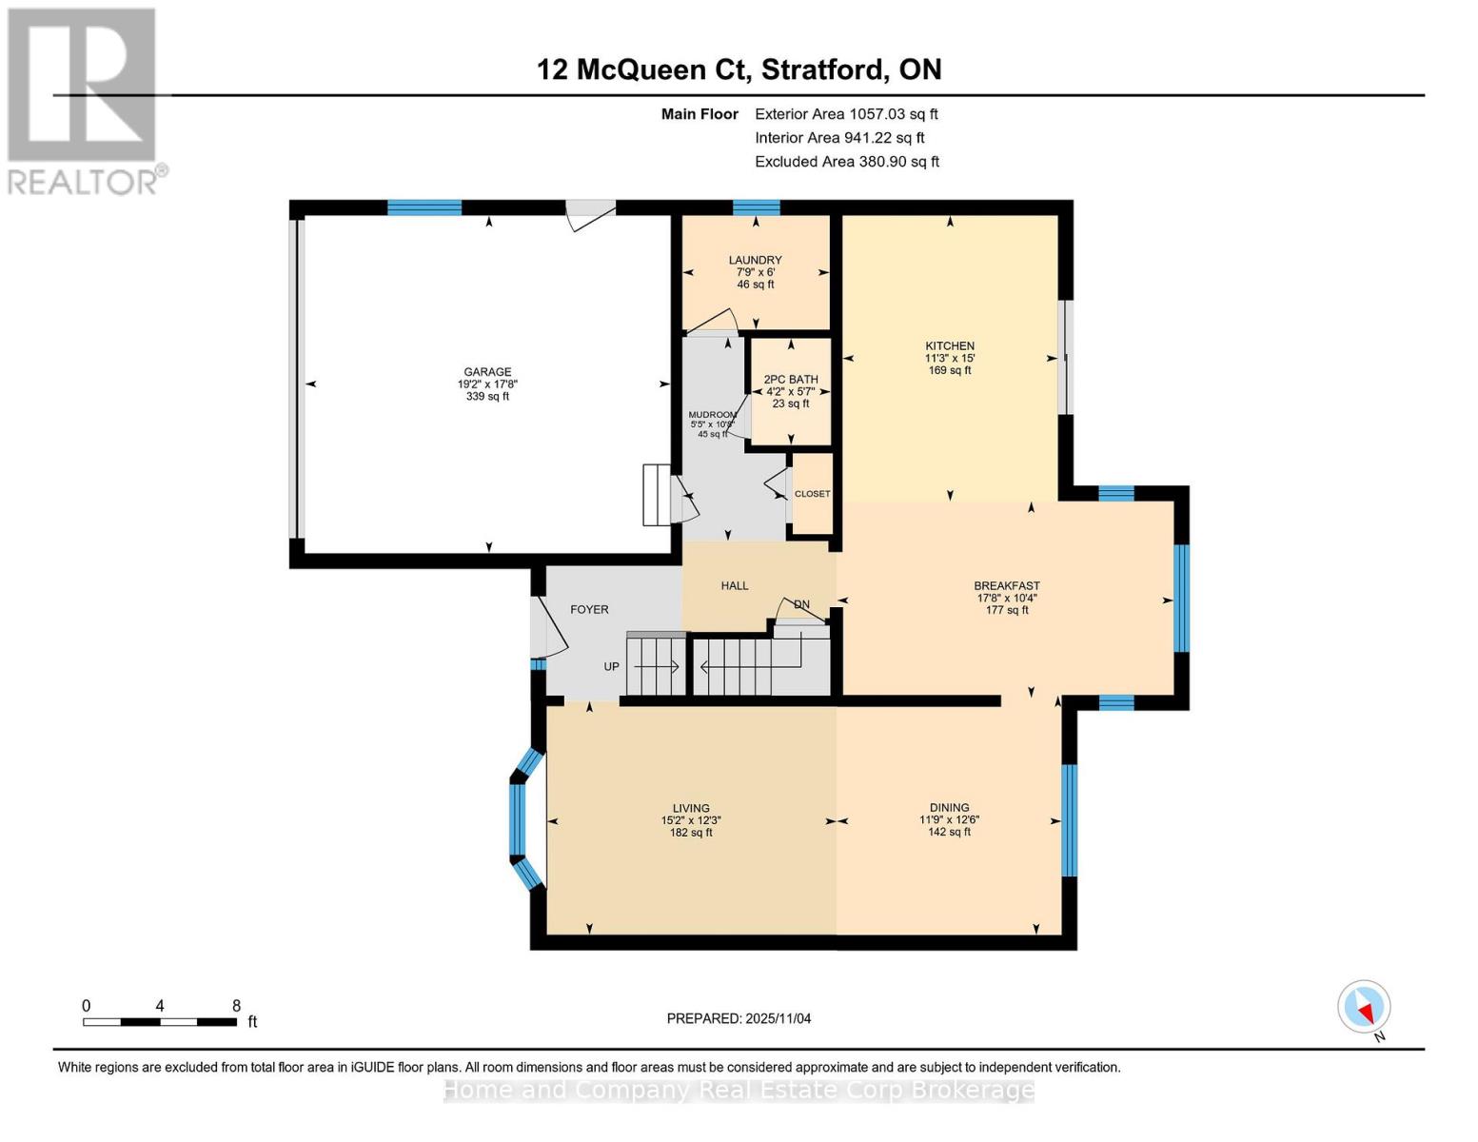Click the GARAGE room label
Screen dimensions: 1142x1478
coord(487,372)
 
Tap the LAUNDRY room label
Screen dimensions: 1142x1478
coord(755,260)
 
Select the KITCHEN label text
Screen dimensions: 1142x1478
coord(950,346)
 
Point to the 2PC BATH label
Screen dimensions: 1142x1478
coord(791,379)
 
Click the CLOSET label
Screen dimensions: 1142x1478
coord(812,494)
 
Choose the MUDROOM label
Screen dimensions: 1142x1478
coord(712,415)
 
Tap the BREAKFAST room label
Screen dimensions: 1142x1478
coord(1006,586)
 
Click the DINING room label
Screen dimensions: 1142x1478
coord(949,808)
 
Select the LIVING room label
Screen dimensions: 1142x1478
coord(691,808)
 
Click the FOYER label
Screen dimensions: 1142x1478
coord(589,610)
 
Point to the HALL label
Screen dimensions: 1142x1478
coord(734,586)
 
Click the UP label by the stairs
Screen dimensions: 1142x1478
coord(611,667)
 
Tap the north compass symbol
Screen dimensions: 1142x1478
coord(1364,1007)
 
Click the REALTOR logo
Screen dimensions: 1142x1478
coord(83,100)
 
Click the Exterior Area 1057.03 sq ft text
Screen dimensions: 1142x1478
coord(846,114)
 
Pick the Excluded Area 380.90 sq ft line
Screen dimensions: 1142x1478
coord(846,162)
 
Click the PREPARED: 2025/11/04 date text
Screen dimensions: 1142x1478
coord(739,1018)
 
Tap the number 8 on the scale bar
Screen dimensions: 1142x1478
coord(236,1006)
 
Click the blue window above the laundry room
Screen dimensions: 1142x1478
coord(756,207)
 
